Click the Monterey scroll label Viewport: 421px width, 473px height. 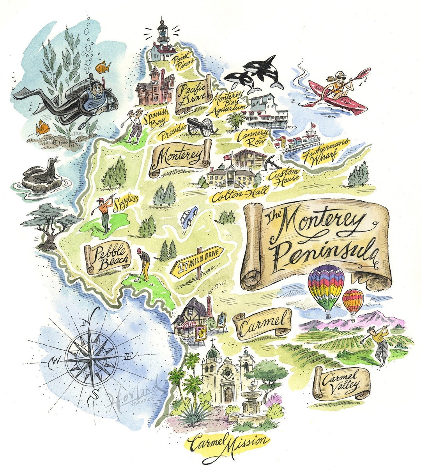point(180,158)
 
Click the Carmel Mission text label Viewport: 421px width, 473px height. point(228,443)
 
